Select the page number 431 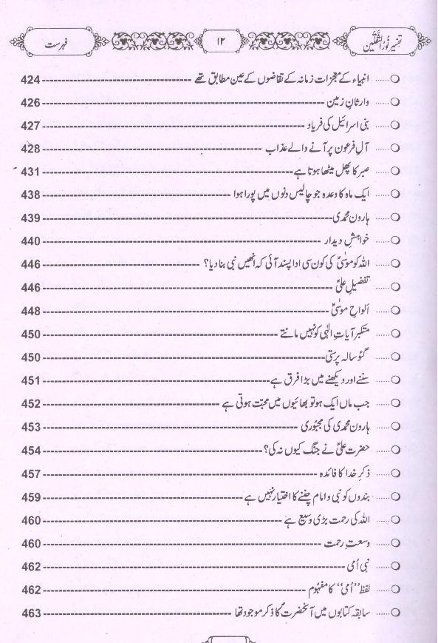[x=32, y=172]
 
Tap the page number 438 [x=32, y=195]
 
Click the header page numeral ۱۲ [x=221, y=37]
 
